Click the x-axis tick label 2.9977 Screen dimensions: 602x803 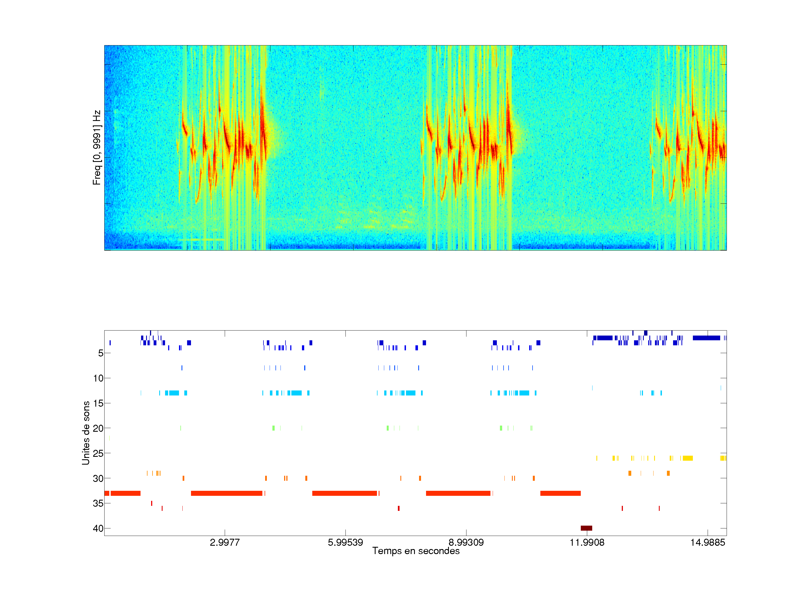click(225, 542)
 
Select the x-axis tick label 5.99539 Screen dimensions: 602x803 click(345, 542)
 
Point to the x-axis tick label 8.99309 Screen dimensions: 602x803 click(466, 542)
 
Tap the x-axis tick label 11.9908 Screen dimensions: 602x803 click(587, 542)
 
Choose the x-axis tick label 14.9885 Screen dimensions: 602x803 click(708, 542)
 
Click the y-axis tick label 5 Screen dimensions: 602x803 click(101, 353)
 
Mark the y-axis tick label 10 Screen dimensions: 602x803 click(98, 378)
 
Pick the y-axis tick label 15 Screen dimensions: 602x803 click(98, 403)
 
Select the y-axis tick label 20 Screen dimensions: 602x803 click(98, 428)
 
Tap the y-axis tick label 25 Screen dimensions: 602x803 click(98, 453)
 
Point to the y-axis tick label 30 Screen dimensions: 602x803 click(98, 478)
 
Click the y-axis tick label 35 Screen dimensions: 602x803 click(98, 503)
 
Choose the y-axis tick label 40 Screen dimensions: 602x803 click(98, 528)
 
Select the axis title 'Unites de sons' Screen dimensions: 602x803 click(86, 433)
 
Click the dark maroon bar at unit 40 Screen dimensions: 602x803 click(586, 528)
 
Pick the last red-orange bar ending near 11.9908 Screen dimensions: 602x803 click(560, 493)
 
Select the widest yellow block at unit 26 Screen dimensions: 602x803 click(688, 458)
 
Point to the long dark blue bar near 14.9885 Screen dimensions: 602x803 click(706, 338)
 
